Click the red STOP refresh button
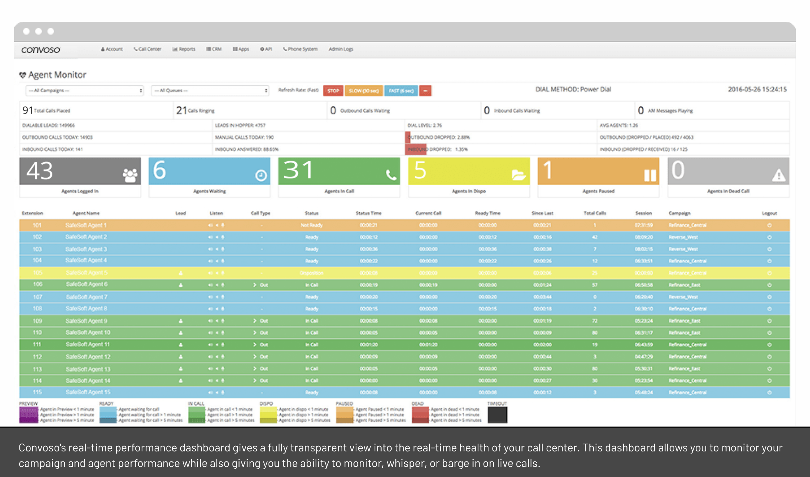[333, 91]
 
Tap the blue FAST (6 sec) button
[401, 91]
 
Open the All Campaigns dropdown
[85, 91]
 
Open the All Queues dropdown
[210, 91]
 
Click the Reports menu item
[184, 49]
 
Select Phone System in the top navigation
[300, 49]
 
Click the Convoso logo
[40, 50]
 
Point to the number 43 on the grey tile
[40, 171]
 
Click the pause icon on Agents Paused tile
[650, 175]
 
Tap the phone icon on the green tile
[391, 175]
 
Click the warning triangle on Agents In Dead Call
[778, 175]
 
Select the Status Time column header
[368, 213]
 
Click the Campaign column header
[679, 213]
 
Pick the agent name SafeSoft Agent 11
[88, 345]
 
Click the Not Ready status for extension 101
[312, 225]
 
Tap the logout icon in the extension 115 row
[769, 392]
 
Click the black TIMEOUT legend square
[497, 415]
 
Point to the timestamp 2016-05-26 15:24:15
[757, 89]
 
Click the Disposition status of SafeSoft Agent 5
[312, 273]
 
